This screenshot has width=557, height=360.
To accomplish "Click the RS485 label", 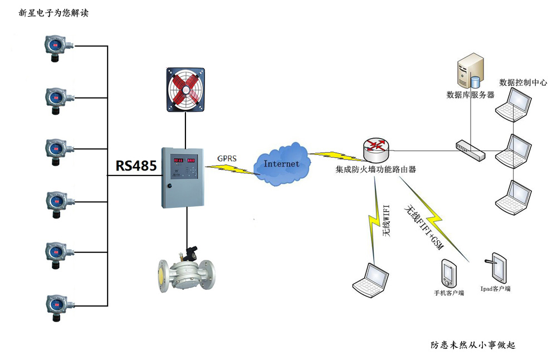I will pyautogui.click(x=136, y=166).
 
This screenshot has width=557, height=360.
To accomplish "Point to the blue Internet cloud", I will pyautogui.click(x=281, y=164).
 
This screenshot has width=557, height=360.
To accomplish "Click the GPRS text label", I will pyautogui.click(x=227, y=158).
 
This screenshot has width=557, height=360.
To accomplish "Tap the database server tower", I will pyautogui.click(x=470, y=71).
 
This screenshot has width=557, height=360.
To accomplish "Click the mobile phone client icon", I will pyautogui.click(x=448, y=273).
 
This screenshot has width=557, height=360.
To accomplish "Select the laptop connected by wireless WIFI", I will pyautogui.click(x=370, y=280).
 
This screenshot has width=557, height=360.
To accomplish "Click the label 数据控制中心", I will pyautogui.click(x=523, y=82).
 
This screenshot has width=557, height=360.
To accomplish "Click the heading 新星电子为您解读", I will pyautogui.click(x=53, y=13).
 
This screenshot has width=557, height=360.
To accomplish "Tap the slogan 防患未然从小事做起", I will pyautogui.click(x=473, y=345).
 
